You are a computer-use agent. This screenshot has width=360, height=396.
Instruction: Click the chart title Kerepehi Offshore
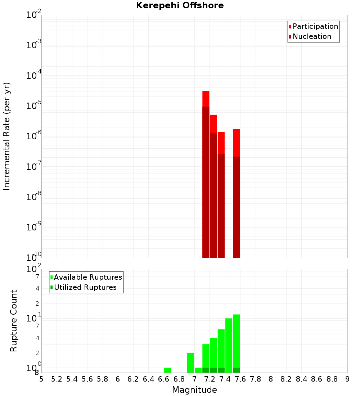(x=180, y=6)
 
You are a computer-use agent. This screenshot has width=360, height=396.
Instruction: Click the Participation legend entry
(x=315, y=26)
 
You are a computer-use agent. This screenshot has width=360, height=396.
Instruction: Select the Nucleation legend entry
(x=311, y=36)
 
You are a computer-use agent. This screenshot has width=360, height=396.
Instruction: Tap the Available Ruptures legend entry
(x=87, y=277)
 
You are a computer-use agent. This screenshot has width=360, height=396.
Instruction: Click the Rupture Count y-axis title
(x=14, y=321)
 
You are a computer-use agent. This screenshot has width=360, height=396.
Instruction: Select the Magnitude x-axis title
(x=194, y=390)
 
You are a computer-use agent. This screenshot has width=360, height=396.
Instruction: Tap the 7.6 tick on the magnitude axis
(x=240, y=379)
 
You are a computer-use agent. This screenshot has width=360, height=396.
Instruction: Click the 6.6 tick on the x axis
(x=164, y=379)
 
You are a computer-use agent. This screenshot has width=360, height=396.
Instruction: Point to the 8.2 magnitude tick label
(x=286, y=379)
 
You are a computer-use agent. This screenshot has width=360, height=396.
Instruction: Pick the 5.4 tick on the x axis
(x=72, y=379)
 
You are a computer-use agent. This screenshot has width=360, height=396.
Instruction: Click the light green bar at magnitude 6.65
(x=167, y=370)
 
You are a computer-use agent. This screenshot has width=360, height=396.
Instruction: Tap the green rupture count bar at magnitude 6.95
(x=190, y=363)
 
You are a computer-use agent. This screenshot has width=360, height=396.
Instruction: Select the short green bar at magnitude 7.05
(x=198, y=370)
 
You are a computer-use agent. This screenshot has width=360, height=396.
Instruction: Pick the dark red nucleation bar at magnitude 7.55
(x=236, y=207)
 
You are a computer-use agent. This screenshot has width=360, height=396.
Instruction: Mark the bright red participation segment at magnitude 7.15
(x=206, y=98)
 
